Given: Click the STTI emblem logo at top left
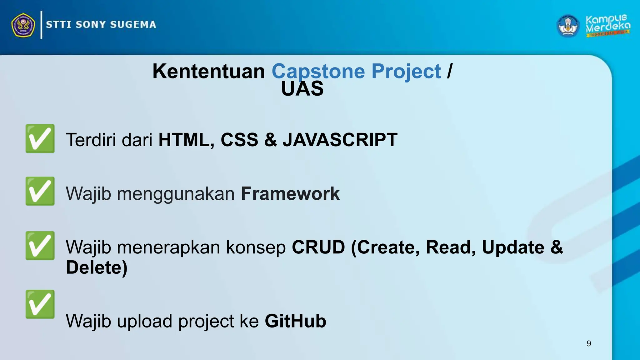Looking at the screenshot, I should pos(23,25).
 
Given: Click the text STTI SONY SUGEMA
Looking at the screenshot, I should pos(101,25).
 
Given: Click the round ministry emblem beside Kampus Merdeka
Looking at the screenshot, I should pos(568,26).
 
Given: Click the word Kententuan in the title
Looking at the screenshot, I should pos(208,71).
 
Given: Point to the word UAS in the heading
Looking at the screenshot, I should pos(302,89).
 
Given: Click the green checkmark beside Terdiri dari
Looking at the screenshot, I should pos(40,138).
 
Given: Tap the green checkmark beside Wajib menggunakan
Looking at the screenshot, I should pos(40,191).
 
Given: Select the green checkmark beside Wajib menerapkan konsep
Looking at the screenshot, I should pos(40,246).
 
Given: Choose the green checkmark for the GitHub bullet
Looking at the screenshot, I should pos(40,304).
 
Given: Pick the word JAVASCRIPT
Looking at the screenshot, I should pos(340,140).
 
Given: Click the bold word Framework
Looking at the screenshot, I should pos(290,194).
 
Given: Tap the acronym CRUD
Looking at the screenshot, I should pos(318,247).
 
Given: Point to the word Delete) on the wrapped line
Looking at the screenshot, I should pos(97,267).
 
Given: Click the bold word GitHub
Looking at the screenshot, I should pos(295,321).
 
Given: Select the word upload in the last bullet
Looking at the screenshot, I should pos(144,321).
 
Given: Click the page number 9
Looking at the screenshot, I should pos(589,343).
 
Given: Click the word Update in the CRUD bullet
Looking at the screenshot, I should pos(513,247).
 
